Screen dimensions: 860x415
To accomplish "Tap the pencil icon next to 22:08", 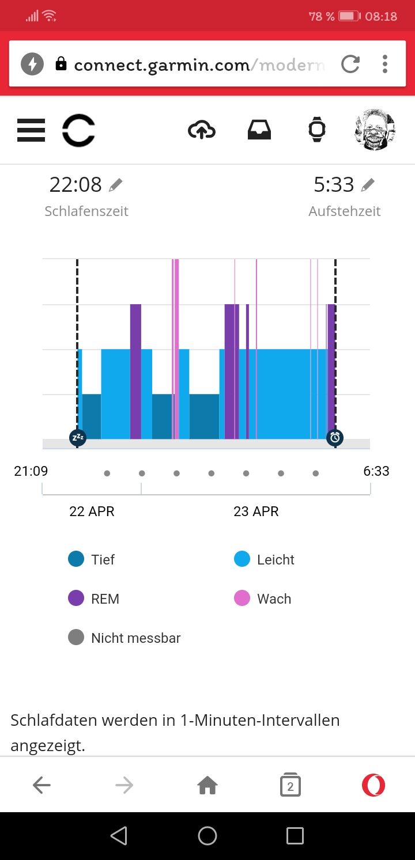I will [116, 185].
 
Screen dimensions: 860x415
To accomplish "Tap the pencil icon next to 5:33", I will [368, 185].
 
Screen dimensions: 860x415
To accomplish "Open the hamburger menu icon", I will [31, 130].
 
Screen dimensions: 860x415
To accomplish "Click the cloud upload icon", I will [202, 130].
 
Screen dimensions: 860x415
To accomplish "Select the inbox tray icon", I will [259, 130].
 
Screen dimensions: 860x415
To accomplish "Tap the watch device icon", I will [316, 130].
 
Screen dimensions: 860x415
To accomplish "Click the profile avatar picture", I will [375, 130].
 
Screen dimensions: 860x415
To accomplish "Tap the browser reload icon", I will [350, 64].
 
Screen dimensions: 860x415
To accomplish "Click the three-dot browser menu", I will [385, 64].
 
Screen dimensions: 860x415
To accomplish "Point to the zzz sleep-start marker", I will [77, 438].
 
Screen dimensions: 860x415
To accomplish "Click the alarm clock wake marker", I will [335, 438].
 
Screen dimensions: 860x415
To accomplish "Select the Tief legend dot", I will [76, 559].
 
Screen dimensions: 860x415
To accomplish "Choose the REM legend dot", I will [76, 598].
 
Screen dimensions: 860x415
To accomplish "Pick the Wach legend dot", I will [242, 598].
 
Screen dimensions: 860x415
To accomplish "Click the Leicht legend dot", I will [242, 559].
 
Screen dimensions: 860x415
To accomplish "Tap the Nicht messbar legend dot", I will [76, 638].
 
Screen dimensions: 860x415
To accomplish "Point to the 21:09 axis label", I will [31, 471].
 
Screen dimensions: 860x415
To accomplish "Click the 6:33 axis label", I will [376, 471].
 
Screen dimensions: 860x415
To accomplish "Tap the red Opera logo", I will [373, 785].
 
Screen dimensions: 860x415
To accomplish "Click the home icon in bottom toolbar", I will [207, 785].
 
